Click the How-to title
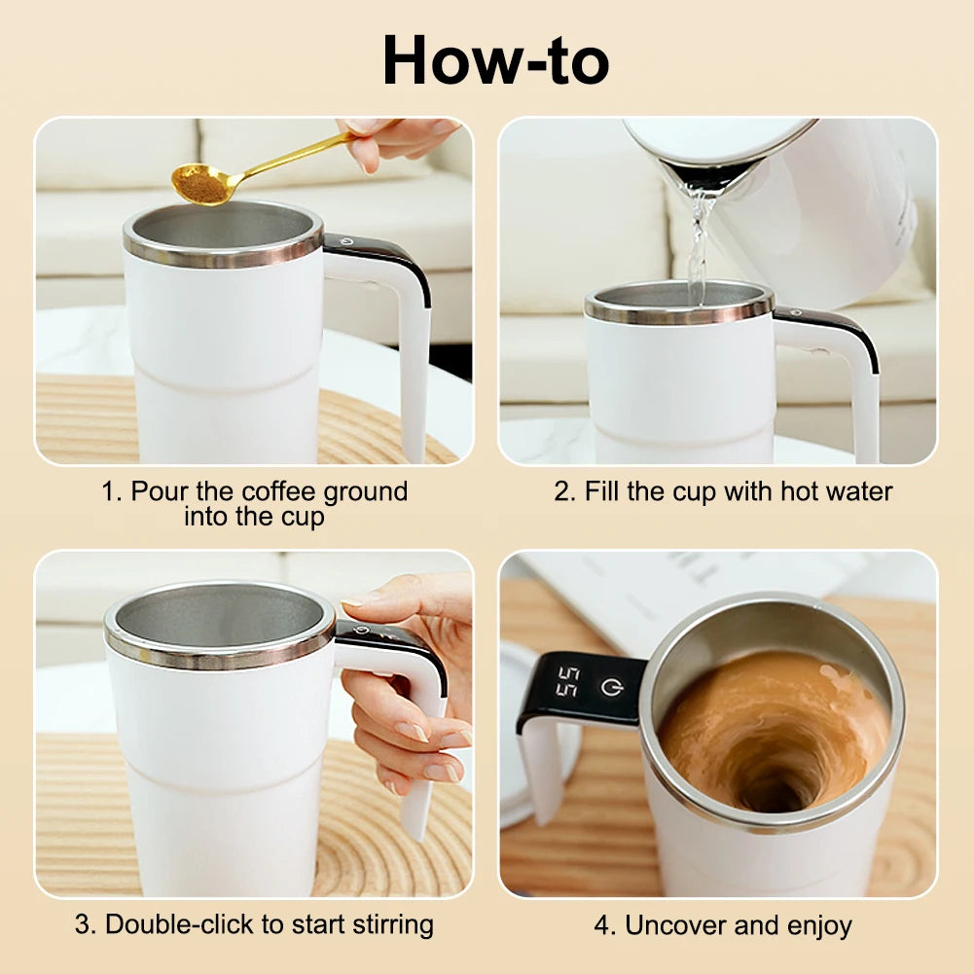[496, 60]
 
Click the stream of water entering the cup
[697, 243]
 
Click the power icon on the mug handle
[610, 688]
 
